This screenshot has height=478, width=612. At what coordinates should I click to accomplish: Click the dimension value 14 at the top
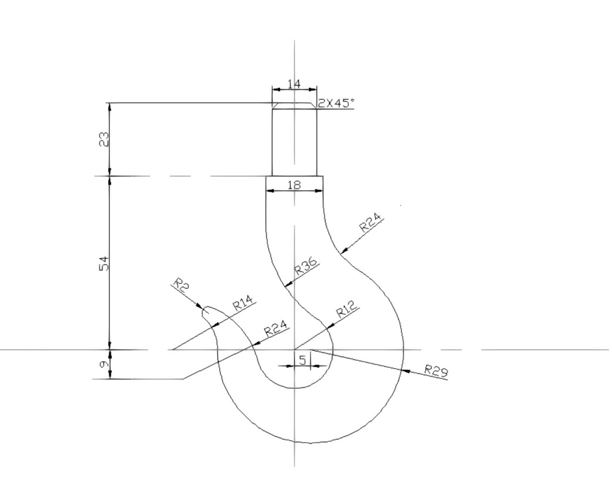[294, 84]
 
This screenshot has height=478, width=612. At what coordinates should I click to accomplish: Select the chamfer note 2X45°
[336, 103]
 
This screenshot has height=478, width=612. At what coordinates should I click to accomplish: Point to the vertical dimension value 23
[103, 139]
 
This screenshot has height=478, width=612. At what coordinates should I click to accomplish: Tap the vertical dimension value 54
[103, 263]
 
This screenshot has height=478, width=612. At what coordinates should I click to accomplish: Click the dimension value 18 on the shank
[294, 185]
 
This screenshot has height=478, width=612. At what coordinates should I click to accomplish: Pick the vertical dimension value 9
[103, 364]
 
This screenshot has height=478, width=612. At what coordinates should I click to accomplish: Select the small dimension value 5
[303, 360]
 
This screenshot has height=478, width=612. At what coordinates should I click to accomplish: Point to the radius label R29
[436, 371]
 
